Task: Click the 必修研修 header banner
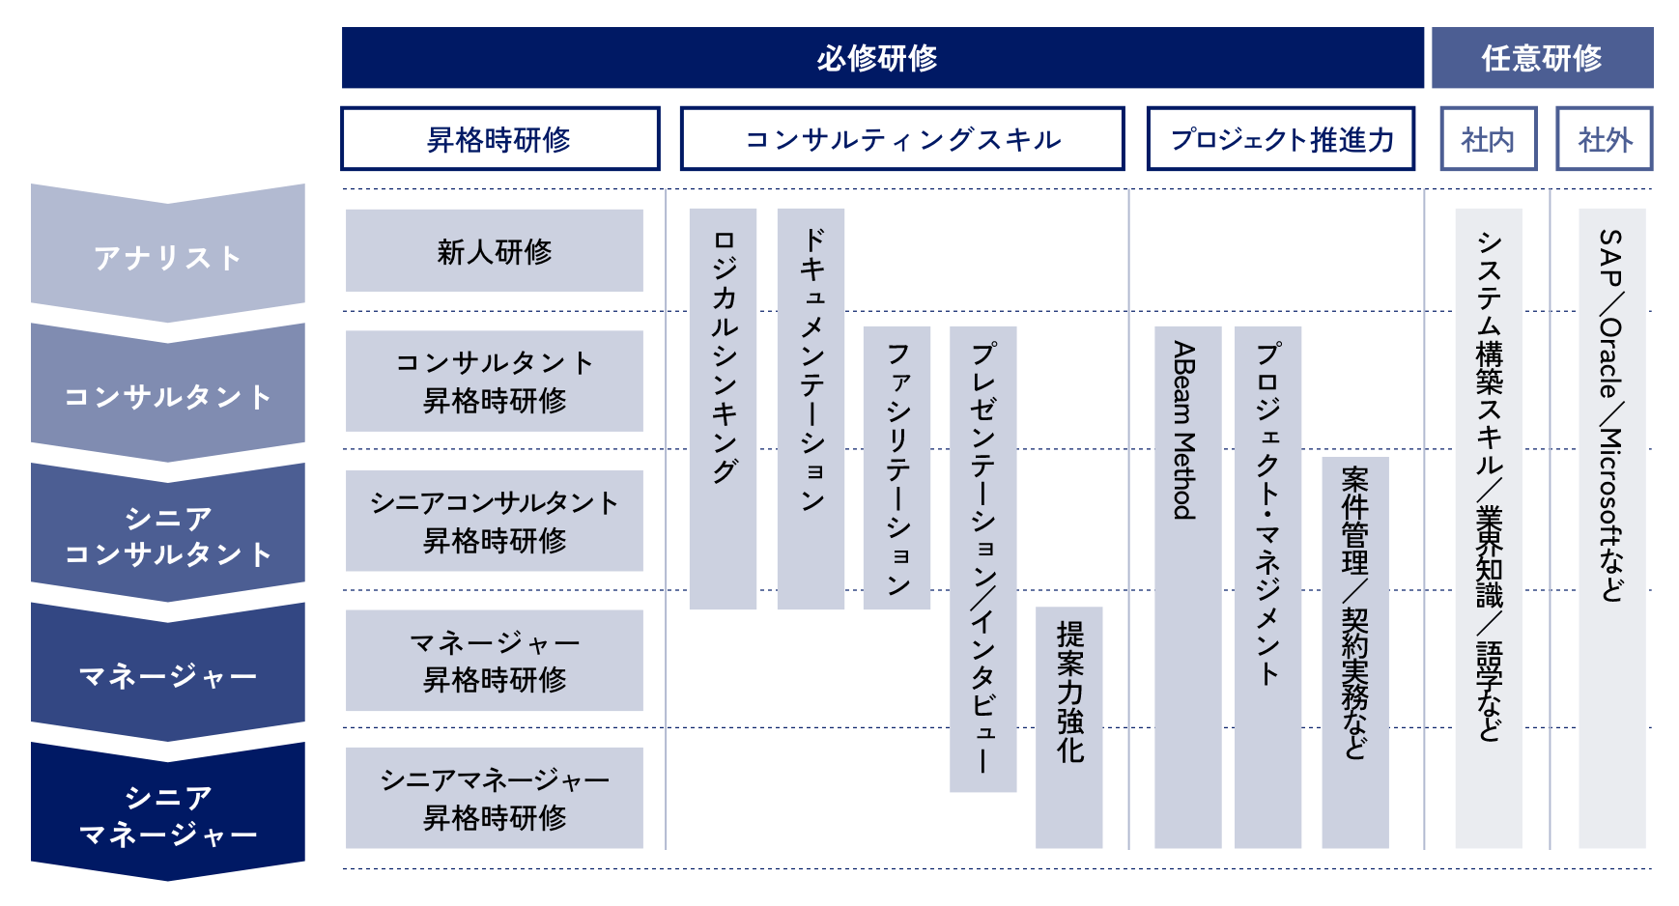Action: click(882, 58)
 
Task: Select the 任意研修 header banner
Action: click(1542, 58)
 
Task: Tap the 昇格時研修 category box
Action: click(499, 139)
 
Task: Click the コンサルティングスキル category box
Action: click(902, 139)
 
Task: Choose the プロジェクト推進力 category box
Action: click(1281, 139)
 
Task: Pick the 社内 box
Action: click(1488, 139)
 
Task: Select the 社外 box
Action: click(1604, 139)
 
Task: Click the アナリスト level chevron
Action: click(167, 256)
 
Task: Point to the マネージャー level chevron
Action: click(167, 674)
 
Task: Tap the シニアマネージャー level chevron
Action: click(167, 813)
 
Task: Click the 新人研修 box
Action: click(494, 251)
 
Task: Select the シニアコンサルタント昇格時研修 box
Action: click(494, 521)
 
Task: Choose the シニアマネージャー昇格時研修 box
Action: click(494, 798)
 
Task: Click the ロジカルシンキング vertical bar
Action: click(723, 409)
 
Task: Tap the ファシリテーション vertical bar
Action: click(896, 467)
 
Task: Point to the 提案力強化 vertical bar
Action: click(1068, 726)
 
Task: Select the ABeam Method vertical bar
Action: click(1187, 587)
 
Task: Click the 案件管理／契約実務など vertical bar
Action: click(1355, 652)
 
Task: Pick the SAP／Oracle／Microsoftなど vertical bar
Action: click(1611, 528)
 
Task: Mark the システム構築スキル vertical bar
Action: click(1489, 528)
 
